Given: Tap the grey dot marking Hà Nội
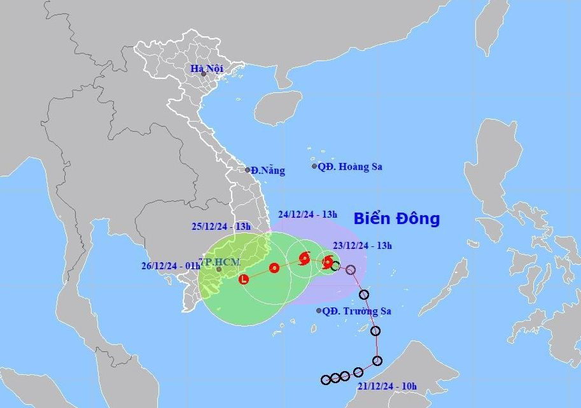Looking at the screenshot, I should (204, 74).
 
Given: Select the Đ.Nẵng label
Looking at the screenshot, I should (267, 171).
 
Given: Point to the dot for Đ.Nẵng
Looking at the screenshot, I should (248, 170).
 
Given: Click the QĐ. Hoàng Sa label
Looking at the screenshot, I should (350, 166).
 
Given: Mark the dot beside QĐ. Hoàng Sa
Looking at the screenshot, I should (314, 166).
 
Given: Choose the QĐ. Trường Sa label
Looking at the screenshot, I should (357, 311).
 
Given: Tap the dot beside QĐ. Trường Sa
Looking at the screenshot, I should (319, 311).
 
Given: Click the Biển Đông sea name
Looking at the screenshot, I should (396, 219).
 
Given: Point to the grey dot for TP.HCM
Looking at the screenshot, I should (219, 269).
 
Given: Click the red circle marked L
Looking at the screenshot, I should (244, 279).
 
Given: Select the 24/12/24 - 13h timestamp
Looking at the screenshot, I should (307, 214).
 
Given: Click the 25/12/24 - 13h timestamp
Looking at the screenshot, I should (221, 226).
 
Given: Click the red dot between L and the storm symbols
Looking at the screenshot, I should (274, 268).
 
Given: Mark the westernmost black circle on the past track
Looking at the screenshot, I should (326, 379).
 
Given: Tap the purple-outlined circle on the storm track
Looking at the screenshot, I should (351, 270).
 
